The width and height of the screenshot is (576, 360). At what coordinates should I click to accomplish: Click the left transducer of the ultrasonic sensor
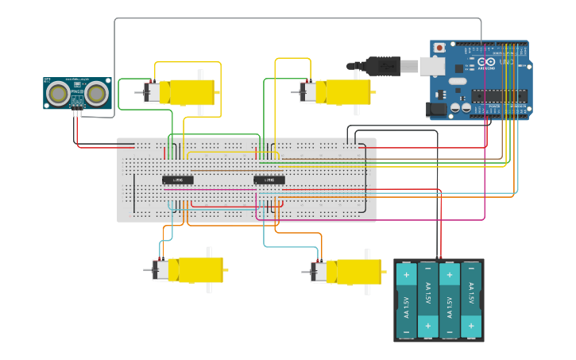(x=58, y=95)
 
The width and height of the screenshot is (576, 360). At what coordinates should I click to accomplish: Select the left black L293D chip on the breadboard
(x=178, y=180)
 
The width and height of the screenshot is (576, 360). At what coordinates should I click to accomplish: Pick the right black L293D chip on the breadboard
(x=269, y=180)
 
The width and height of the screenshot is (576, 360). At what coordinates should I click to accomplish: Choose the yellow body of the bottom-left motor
(x=195, y=270)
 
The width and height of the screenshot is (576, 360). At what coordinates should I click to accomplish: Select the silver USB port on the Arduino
(x=434, y=65)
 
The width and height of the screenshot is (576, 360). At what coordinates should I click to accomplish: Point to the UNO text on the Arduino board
(x=506, y=62)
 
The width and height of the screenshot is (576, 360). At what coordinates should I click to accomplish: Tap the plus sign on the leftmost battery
(x=406, y=276)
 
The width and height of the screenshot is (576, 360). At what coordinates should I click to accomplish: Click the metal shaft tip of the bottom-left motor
(x=146, y=270)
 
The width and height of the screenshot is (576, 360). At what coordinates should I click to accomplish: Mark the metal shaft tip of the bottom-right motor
(x=304, y=272)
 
